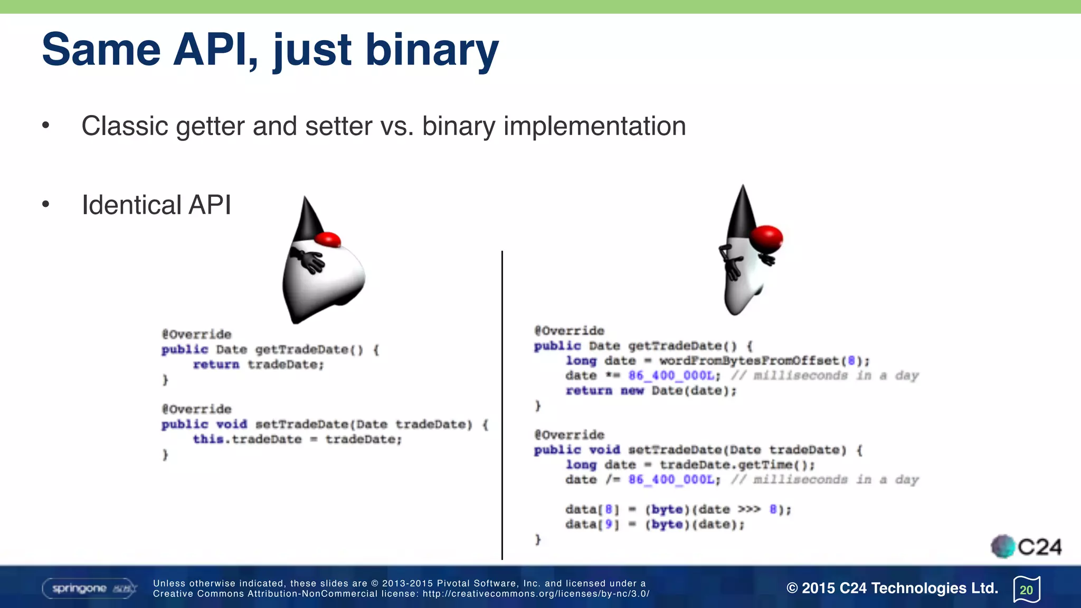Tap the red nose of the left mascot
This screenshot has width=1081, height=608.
pos(328,239)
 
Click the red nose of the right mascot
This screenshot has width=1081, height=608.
pos(766,237)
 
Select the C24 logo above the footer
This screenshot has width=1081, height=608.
pos(1026,547)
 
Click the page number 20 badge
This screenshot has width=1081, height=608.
pos(1026,590)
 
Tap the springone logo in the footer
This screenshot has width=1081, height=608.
pos(89,588)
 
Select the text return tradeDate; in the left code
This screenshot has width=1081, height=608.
pos(258,365)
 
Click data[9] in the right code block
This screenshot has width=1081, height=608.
pos(591,525)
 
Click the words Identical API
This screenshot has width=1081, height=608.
pos(156,205)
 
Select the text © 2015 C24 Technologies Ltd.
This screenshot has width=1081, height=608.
pos(892,588)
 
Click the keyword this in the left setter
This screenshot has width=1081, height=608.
pos(207,440)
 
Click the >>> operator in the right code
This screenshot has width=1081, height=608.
pos(749,510)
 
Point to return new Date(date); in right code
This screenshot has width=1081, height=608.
pos(650,391)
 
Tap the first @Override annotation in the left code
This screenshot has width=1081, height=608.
pos(196,335)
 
